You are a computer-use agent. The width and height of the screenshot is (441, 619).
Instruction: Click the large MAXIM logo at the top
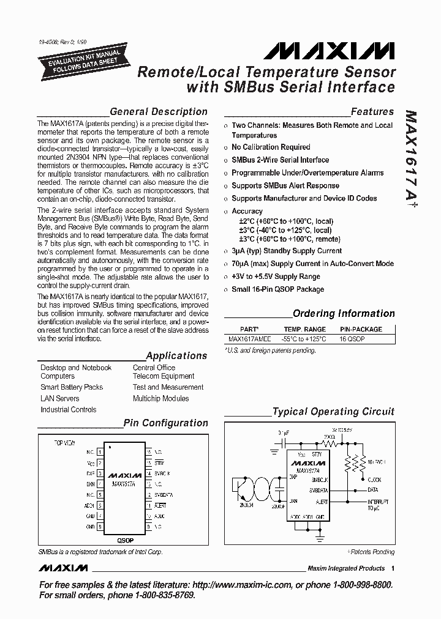334,51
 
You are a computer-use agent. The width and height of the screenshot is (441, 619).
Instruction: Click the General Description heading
158,112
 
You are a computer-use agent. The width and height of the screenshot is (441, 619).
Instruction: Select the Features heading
372,112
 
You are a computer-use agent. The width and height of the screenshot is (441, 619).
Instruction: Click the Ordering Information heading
344,314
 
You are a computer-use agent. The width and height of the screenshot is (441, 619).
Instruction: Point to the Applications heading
176,356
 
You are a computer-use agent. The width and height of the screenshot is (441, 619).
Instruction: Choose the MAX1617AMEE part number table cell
249,338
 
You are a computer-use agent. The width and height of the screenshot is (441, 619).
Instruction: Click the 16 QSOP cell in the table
352,338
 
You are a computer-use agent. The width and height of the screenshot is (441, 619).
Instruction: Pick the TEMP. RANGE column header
304,329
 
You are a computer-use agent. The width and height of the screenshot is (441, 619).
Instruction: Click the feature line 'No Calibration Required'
271,147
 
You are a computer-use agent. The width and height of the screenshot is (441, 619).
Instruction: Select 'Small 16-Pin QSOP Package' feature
277,289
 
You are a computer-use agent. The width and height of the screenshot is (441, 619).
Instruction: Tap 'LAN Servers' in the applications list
60,399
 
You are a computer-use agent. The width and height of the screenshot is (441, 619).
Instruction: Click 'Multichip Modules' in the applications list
160,399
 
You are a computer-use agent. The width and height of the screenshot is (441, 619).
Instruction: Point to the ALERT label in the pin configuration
160,506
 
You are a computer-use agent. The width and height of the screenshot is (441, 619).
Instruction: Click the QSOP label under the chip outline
124,541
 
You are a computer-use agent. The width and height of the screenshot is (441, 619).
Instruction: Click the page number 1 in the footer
392,568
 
